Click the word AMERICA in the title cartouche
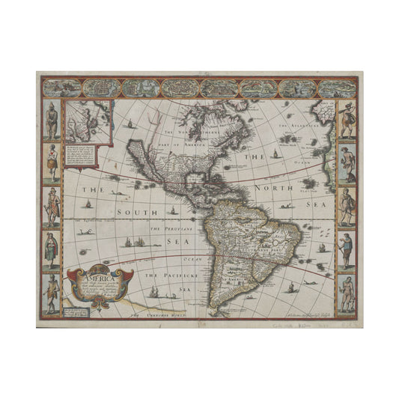tap(98, 271)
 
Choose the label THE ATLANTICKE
tap(299, 125)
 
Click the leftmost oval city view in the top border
tap(61, 88)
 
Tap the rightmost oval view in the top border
tap(335, 88)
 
